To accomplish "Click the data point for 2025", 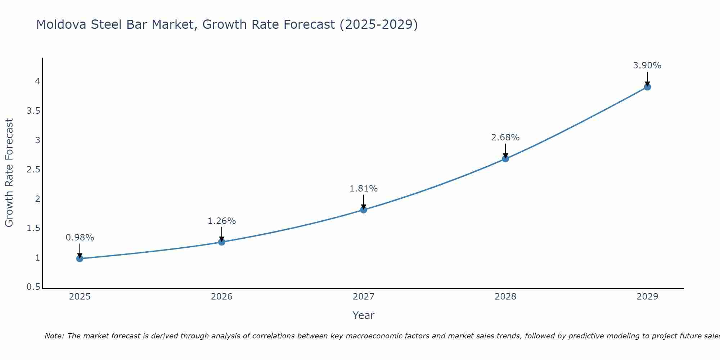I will coord(80,258).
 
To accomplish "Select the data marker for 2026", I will coord(222,242).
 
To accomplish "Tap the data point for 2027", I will coord(364,210).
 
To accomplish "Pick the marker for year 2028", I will coord(505,159).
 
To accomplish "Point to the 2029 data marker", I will coord(647,87).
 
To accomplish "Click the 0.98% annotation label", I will coord(80,238).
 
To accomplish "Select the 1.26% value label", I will coord(222,221).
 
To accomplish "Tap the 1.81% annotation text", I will coord(364,189).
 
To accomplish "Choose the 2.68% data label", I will coord(505,138).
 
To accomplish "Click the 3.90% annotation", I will coord(647,66).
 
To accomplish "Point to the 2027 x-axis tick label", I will coord(364,297).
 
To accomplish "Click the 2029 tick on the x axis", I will coord(647,297).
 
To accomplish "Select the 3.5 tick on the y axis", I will coord(33,111).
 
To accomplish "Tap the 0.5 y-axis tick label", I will coord(33,287).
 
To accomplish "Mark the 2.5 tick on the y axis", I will coord(33,170).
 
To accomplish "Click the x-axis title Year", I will coord(364,315).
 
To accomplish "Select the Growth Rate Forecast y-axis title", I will coord(9,172).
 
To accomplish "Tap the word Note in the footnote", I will coord(54,336).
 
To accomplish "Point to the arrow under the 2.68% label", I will coord(505,150).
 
